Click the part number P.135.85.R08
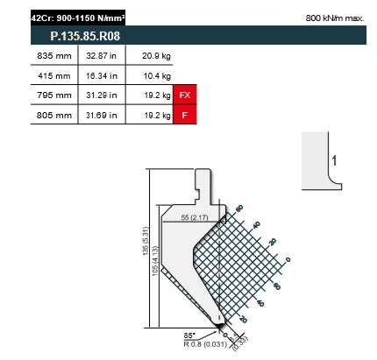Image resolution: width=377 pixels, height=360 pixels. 85,36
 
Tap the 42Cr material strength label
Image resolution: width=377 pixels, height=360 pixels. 78,18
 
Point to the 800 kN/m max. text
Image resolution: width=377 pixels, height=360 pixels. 335,18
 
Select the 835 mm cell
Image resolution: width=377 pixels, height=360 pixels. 54,56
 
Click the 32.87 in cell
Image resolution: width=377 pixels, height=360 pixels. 101,56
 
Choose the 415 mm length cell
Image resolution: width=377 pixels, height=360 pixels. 54,76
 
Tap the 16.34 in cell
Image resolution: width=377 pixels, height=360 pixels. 102,76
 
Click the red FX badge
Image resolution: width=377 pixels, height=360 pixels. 185,95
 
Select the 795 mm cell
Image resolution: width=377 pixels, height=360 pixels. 54,95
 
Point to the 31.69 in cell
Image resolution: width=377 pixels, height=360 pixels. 102,115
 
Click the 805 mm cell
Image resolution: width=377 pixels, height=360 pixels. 54,115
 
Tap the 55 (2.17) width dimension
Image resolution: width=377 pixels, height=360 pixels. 195,217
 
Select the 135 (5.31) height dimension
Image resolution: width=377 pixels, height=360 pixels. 146,241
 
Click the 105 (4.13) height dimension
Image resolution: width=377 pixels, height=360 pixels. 155,261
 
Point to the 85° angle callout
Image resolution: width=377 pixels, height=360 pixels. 189,335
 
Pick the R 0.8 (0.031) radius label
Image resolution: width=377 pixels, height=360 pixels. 205,344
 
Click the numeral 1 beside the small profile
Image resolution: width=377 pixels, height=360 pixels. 334,160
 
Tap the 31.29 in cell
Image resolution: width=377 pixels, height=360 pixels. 102,95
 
